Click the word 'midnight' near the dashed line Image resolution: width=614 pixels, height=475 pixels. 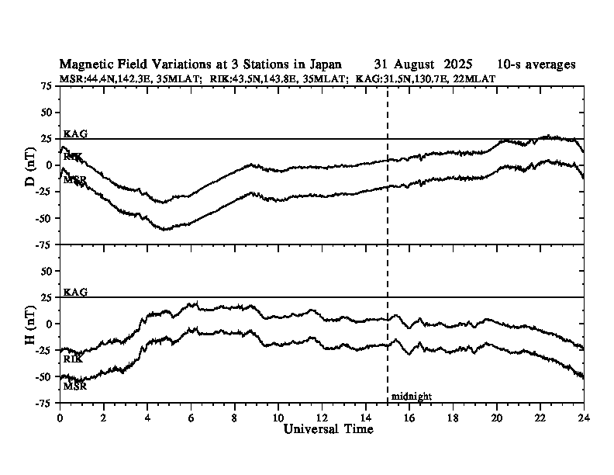click(411, 397)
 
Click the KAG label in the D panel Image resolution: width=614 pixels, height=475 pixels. click(76, 133)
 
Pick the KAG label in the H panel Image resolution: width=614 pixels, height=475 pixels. click(76, 292)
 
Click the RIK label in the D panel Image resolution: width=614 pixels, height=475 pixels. click(73, 157)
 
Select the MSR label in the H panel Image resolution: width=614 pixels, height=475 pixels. click(74, 386)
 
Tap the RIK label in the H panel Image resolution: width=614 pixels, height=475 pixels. click(73, 359)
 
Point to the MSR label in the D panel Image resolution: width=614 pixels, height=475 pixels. click(74, 180)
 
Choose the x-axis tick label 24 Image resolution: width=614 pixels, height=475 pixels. click(584, 416)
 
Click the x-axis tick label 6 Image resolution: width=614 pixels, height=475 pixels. click(191, 416)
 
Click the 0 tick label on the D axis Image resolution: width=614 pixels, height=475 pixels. click(50, 165)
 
